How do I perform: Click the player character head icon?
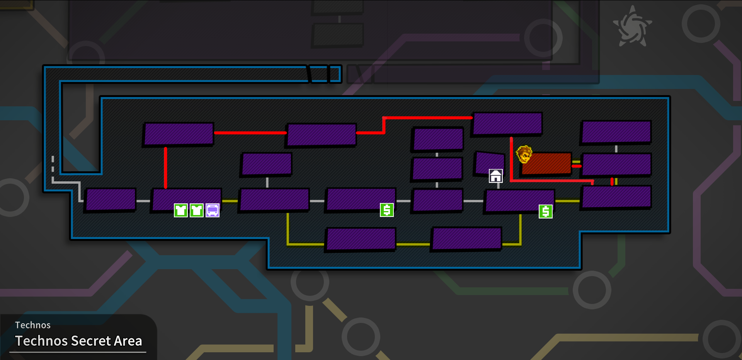point(524,154)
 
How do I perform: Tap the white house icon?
point(496,176)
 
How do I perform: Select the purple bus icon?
point(213,210)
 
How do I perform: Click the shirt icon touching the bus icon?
point(197,210)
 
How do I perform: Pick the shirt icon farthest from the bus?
point(181,210)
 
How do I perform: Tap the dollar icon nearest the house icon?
point(546,212)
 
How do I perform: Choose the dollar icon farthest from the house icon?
point(387,210)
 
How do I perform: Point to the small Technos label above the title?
point(33,325)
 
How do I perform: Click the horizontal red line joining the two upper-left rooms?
point(250,133)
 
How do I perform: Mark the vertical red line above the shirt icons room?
point(165,167)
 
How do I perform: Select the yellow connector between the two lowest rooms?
point(413,244)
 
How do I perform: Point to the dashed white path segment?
point(53,164)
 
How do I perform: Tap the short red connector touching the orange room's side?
point(577,166)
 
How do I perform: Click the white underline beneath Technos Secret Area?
point(78,352)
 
